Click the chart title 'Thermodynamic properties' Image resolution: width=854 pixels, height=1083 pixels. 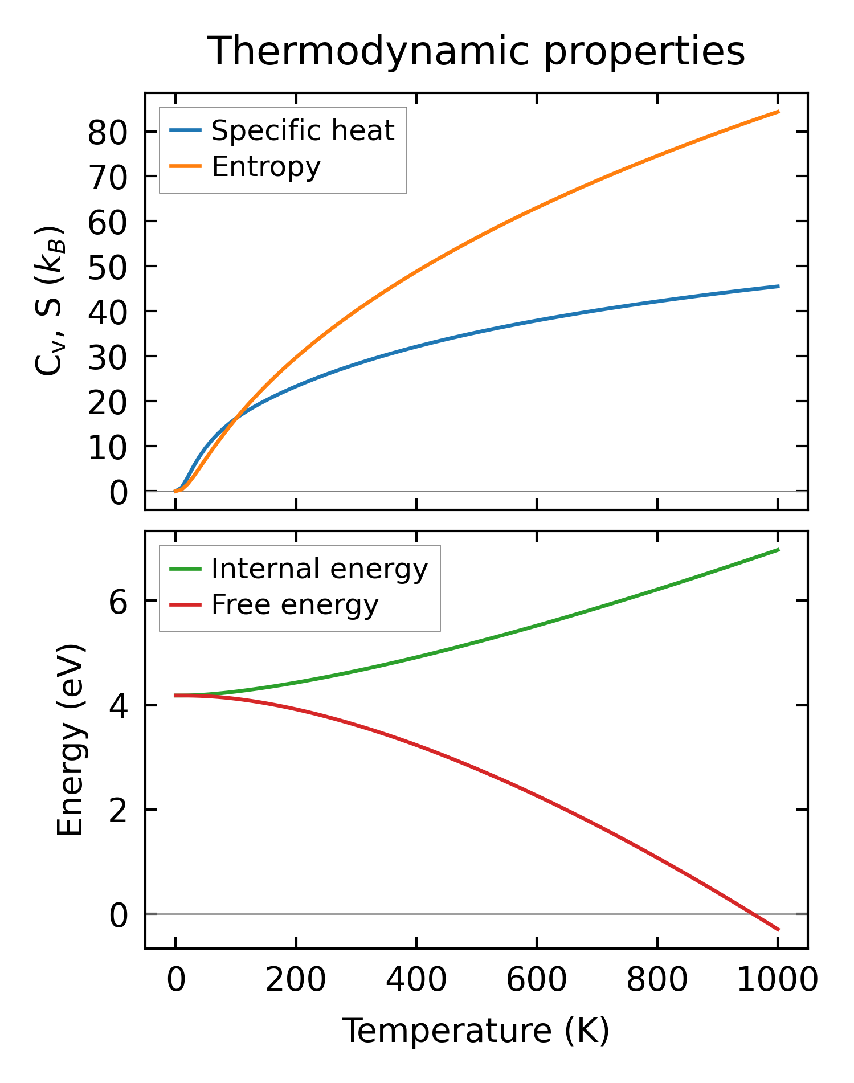tap(476, 51)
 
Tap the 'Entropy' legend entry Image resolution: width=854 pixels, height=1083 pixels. tap(266, 167)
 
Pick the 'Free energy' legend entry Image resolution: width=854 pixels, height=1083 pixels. tap(295, 605)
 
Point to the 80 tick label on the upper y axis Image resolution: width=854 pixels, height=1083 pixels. tap(107, 132)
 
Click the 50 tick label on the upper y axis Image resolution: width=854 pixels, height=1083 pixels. tap(107, 267)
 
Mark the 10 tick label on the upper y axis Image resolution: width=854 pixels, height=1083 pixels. tap(107, 447)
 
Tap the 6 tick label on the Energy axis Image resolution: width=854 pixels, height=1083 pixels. tap(119, 602)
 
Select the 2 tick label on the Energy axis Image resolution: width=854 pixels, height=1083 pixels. tap(119, 810)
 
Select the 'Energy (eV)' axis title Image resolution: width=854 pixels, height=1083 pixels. tap(71, 739)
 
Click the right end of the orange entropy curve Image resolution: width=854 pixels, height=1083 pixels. tap(778, 112)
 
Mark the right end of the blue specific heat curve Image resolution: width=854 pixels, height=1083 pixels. tap(778, 286)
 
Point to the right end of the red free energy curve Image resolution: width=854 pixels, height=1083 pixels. tap(778, 930)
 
